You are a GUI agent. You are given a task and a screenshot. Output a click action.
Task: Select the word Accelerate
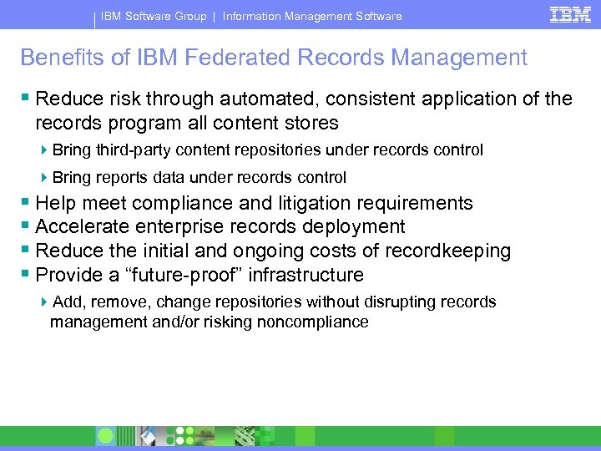point(83,226)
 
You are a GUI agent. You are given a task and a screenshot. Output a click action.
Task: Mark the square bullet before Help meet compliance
point(26,203)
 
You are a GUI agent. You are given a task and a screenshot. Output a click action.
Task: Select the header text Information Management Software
point(312,16)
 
